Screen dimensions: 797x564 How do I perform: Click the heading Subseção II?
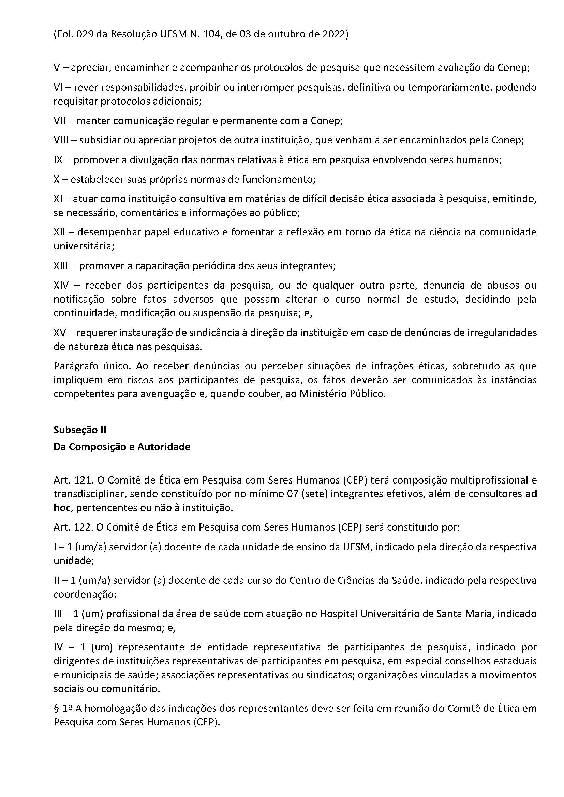coord(80,430)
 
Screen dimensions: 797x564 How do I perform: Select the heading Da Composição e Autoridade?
coord(121,446)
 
